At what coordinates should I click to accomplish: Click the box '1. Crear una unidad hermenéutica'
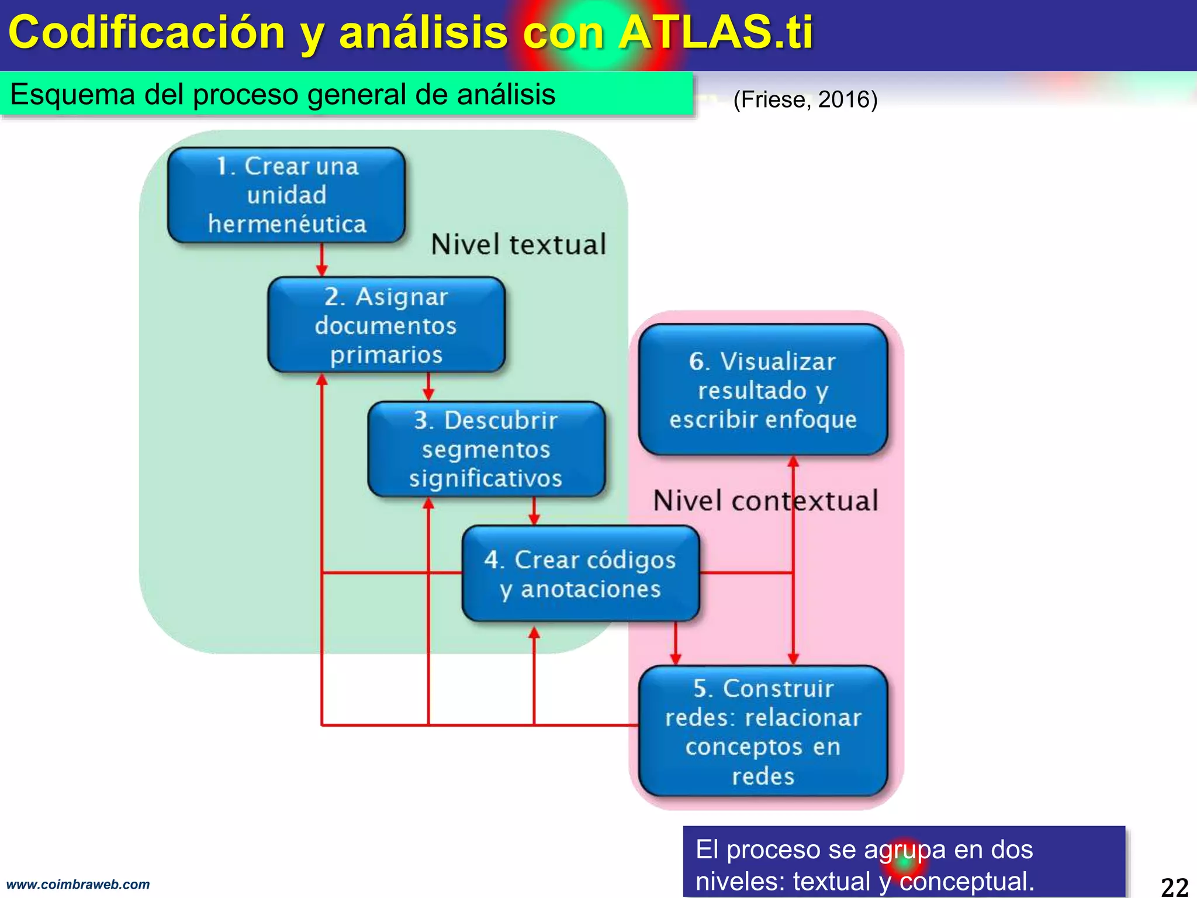[286, 195]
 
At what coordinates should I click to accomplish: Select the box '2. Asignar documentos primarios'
[386, 325]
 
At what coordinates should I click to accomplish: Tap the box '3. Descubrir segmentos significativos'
[486, 449]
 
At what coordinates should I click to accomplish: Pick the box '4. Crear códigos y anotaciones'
[580, 574]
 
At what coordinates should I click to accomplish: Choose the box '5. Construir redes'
[763, 731]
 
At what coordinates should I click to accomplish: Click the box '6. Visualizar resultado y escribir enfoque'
[763, 390]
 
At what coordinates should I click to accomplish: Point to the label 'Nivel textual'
[518, 244]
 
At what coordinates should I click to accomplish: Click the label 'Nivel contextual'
[765, 501]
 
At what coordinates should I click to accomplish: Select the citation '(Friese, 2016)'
[805, 99]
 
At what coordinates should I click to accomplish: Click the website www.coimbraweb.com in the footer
[78, 885]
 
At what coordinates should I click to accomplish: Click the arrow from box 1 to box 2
[321, 260]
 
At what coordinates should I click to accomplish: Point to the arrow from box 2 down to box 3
[428, 387]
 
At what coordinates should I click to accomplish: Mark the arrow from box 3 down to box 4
[534, 512]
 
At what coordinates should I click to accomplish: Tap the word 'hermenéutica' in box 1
[287, 224]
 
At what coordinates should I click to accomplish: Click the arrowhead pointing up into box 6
[793, 462]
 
